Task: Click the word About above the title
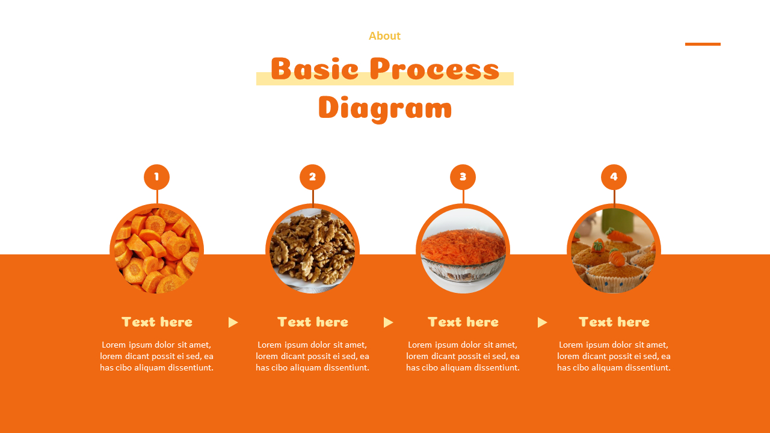384,36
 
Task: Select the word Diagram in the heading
385,109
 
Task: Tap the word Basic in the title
315,69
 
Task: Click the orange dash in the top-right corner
703,44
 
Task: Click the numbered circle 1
156,177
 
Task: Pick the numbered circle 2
312,177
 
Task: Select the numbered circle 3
463,177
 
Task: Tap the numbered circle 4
614,177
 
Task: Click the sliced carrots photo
156,250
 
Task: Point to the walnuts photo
312,250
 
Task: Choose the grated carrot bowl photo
463,250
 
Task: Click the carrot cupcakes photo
614,250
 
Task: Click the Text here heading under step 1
156,322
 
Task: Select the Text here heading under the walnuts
312,322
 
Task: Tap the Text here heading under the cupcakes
614,322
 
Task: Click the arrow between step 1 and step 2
233,322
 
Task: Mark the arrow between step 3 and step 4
542,322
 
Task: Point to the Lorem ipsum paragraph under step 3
463,356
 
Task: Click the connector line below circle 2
313,197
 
